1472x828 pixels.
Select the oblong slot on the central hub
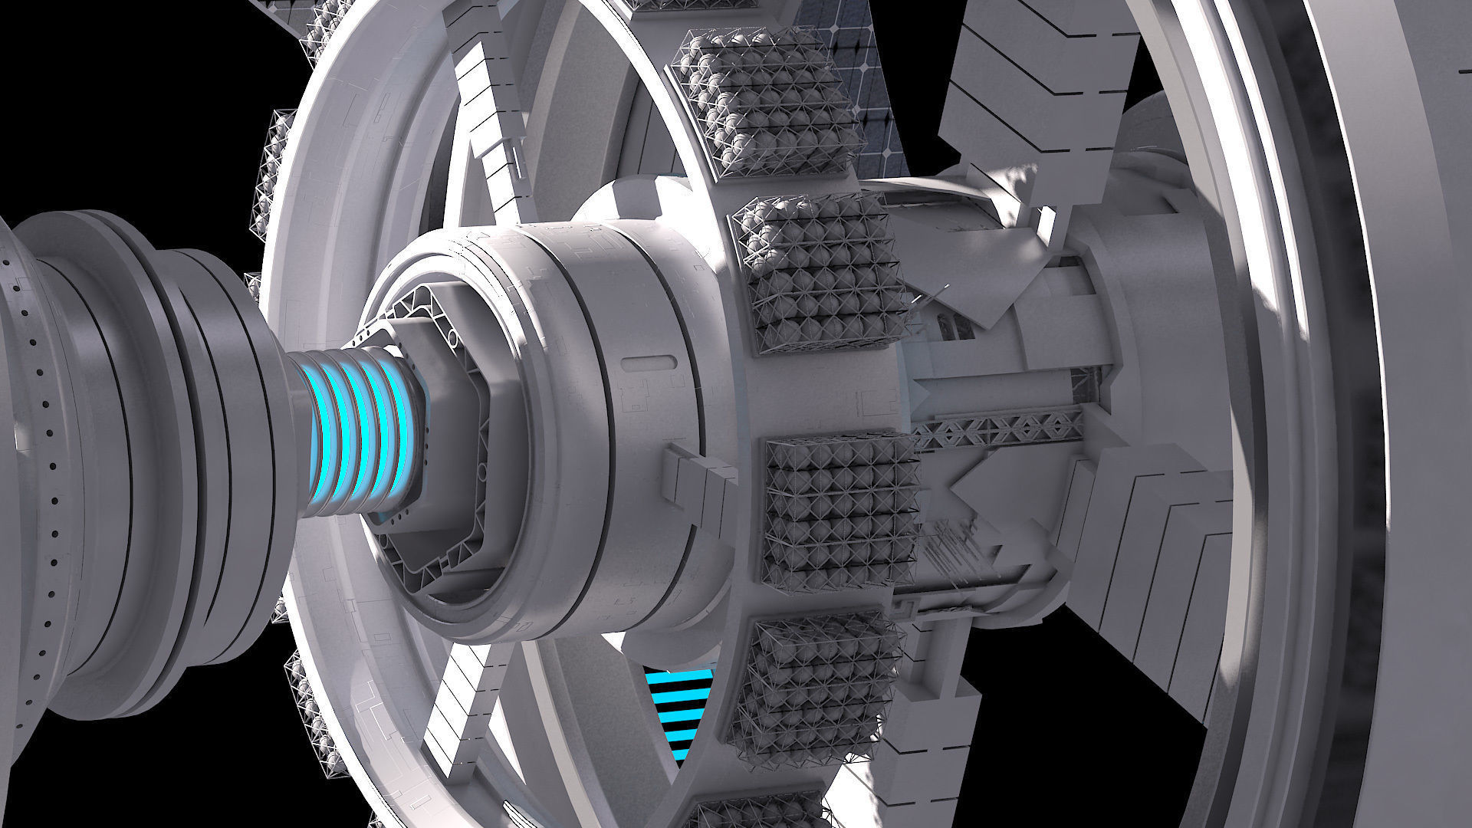point(648,363)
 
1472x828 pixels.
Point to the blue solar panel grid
point(866,84)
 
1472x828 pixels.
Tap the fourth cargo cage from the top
point(820,698)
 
